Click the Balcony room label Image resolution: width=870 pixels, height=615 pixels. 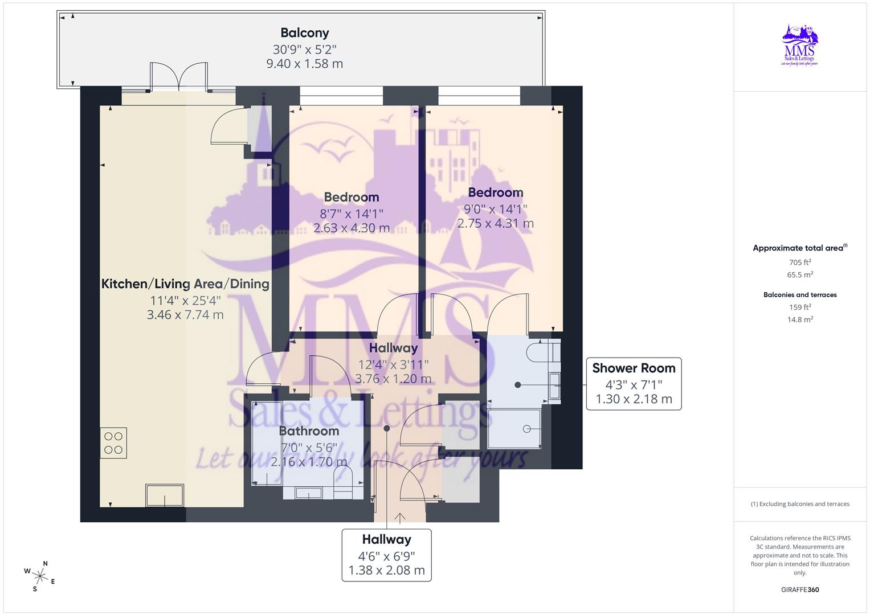[304, 33]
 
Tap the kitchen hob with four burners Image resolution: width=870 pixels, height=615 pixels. [113, 443]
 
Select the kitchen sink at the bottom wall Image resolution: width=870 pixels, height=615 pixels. [165, 495]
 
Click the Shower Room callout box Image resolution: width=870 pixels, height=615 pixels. [634, 383]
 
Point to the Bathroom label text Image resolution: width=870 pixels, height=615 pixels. [309, 431]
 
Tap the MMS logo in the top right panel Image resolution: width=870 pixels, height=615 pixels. [800, 45]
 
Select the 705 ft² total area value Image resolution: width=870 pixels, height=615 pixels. [800, 263]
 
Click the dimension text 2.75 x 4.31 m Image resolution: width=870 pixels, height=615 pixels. [495, 224]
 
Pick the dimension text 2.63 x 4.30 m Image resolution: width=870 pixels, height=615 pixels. [352, 228]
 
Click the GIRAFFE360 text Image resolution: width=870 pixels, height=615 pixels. [800, 589]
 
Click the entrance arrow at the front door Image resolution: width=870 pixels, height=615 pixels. [400, 518]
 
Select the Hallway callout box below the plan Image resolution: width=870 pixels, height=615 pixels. [386, 555]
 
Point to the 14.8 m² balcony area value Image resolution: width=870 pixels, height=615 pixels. [800, 319]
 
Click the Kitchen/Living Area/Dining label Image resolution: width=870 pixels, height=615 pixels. [185, 284]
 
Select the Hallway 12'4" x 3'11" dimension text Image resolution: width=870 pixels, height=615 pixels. [393, 364]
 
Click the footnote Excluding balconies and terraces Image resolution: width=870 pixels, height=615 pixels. [800, 504]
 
